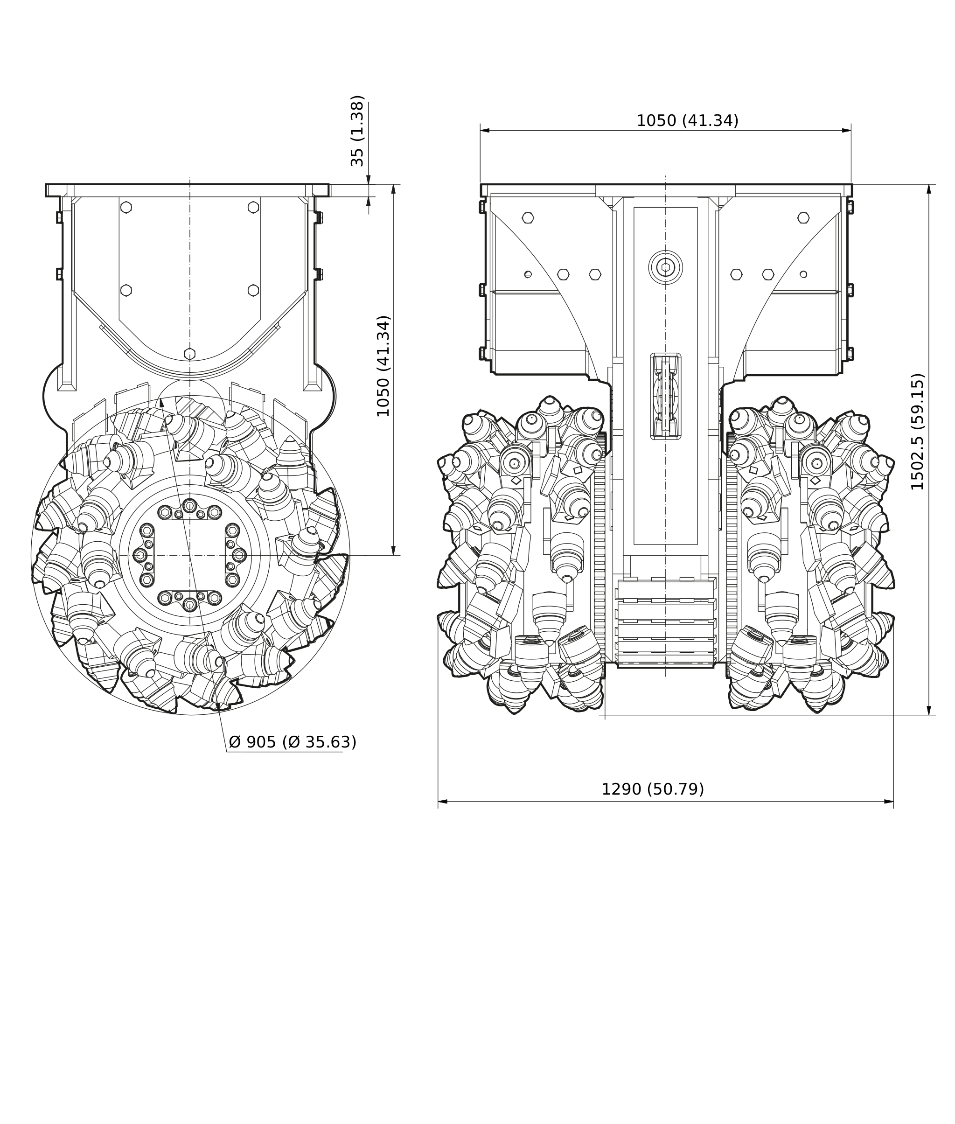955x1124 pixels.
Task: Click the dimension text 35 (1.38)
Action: tap(357, 131)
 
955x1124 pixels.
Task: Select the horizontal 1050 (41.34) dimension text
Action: tap(687, 121)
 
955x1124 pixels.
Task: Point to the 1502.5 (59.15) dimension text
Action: tap(917, 432)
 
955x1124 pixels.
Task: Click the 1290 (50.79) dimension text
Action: tap(652, 789)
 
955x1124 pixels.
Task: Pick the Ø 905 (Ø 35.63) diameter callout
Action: tap(293, 742)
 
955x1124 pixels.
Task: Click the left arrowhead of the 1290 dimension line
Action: tap(442, 801)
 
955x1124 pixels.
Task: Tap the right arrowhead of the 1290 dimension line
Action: tap(888, 801)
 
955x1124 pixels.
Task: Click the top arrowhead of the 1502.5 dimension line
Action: tap(929, 189)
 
